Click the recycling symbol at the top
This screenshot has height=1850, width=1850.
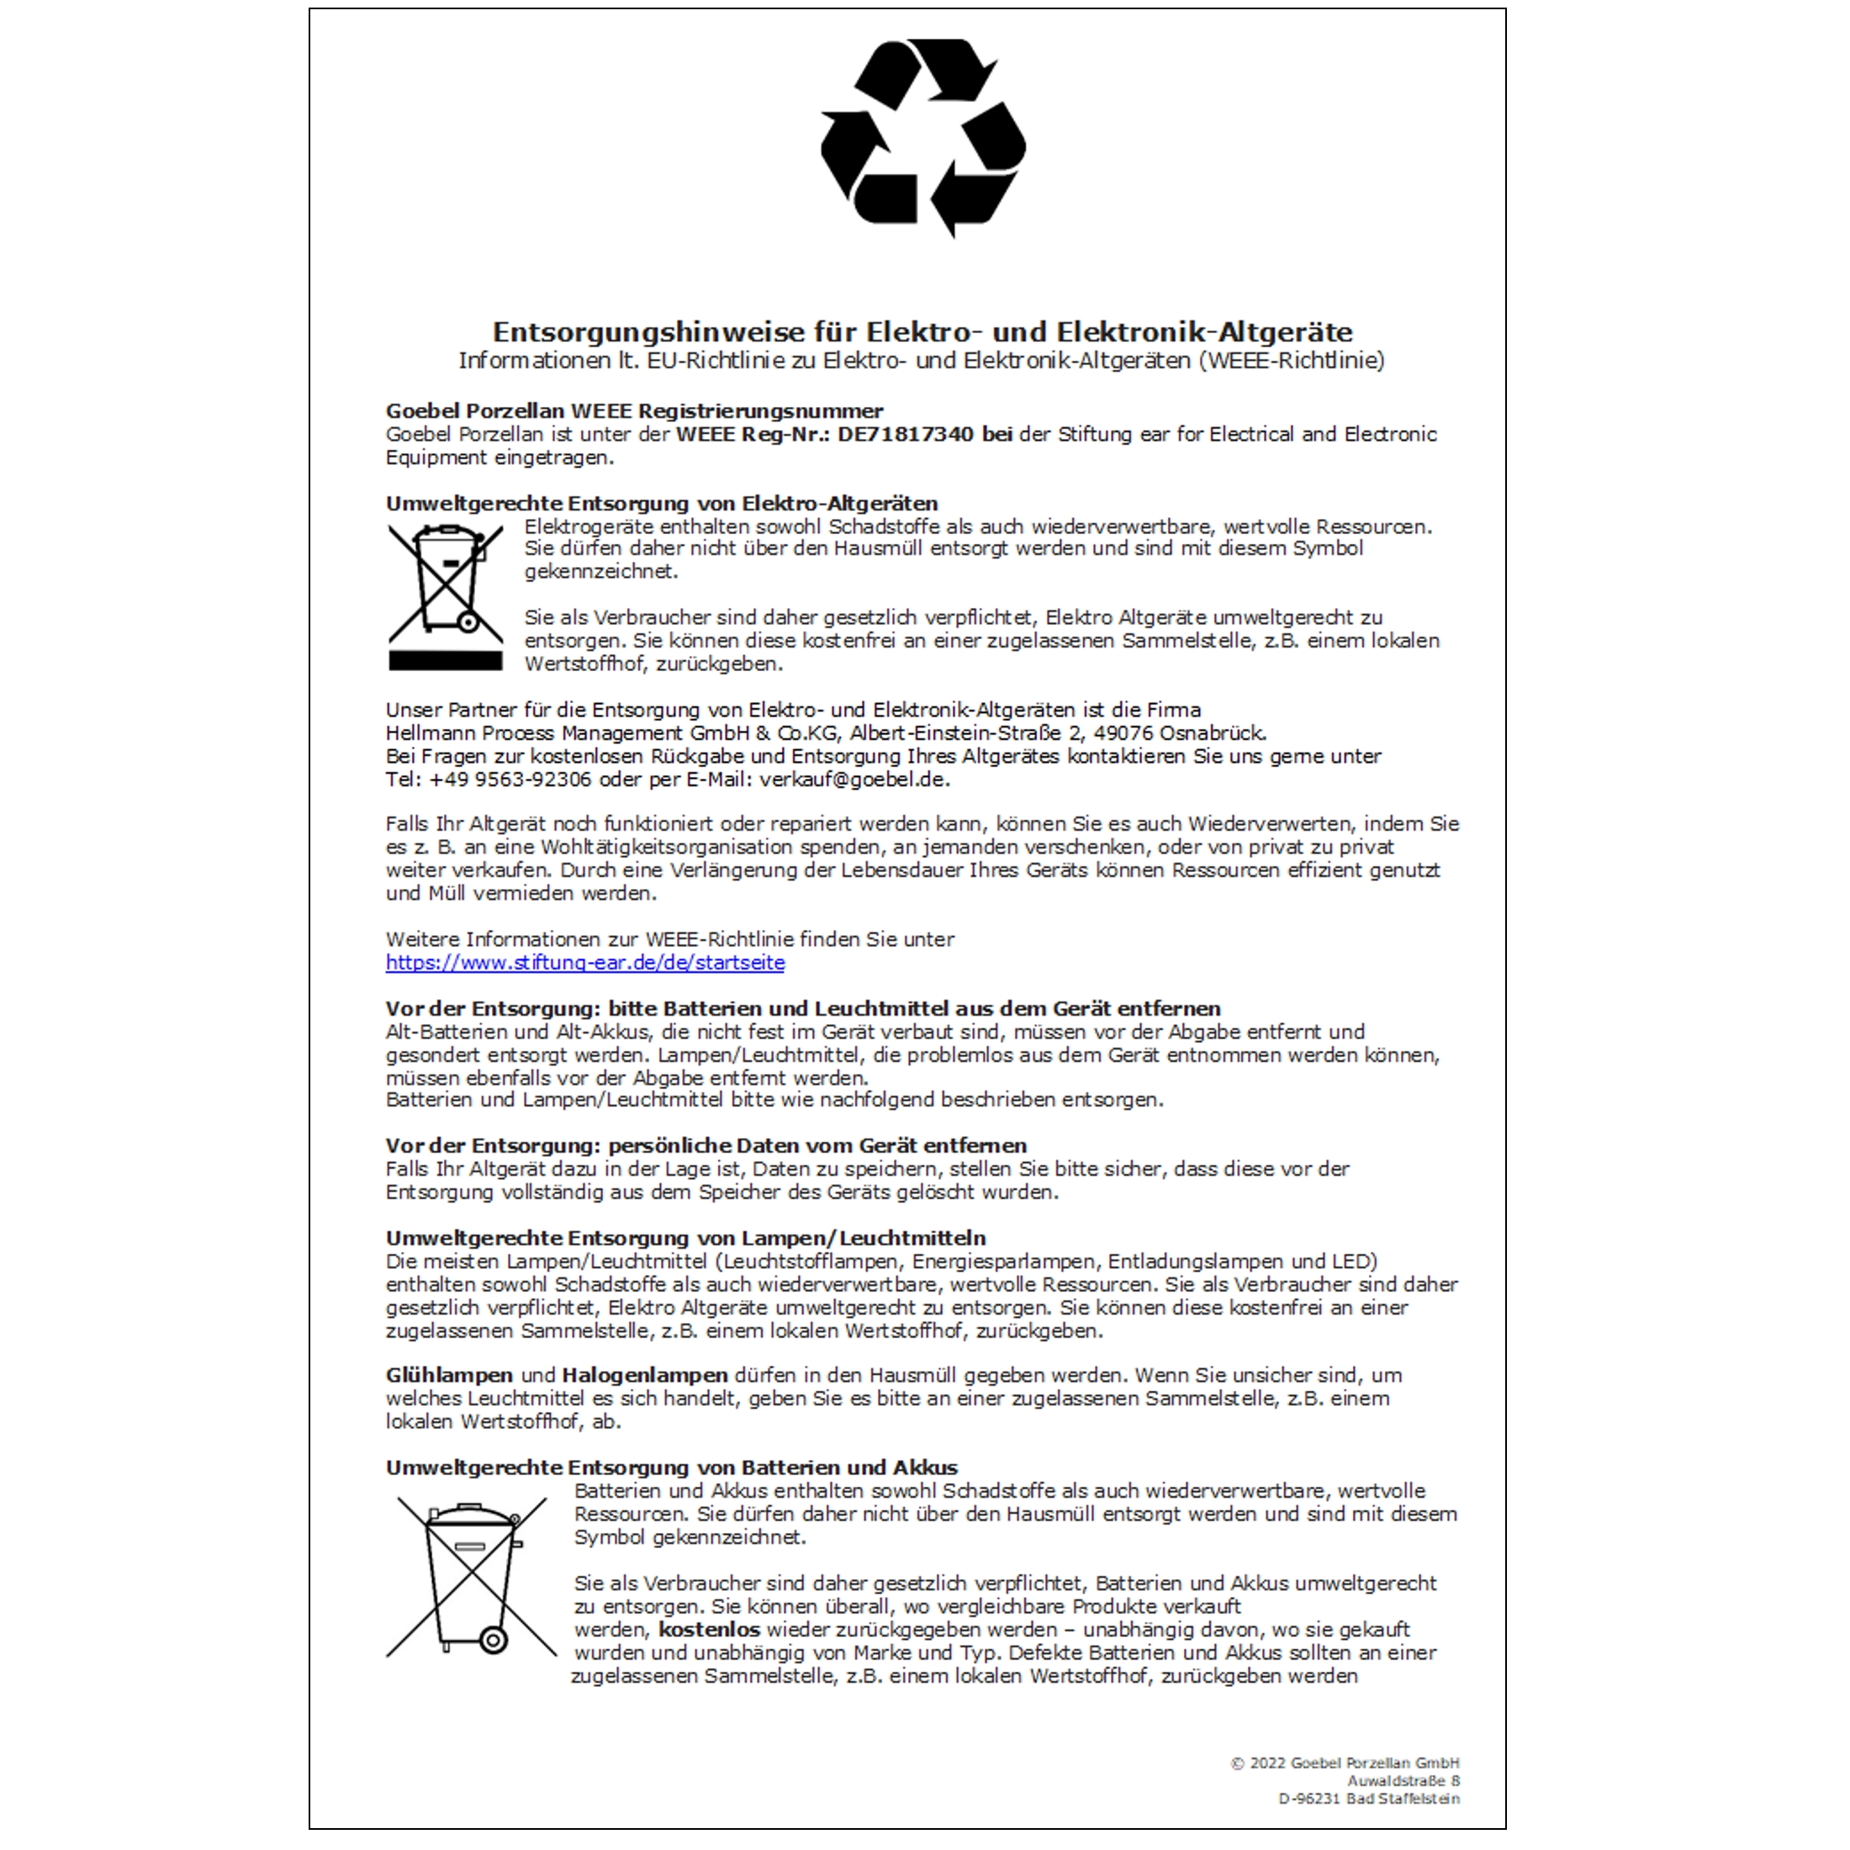(923, 139)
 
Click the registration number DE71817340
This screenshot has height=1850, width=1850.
(905, 435)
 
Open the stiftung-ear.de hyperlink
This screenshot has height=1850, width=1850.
(585, 964)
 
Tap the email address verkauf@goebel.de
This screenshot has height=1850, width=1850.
(854, 780)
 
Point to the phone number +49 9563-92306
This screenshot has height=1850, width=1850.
(510, 780)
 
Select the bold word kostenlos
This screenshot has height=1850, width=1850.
(709, 1630)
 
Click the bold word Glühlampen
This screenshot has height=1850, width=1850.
(449, 1376)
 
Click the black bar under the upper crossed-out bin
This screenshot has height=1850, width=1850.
(446, 661)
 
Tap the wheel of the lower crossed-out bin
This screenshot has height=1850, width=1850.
(493, 1641)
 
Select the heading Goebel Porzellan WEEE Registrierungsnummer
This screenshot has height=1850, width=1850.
(634, 412)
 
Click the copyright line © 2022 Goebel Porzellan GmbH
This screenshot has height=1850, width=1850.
(1345, 1763)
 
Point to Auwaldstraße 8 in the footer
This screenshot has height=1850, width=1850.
(1403, 1781)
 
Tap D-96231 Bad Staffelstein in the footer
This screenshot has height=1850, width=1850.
(1368, 1800)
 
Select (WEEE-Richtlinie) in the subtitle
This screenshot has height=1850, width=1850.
(1290, 361)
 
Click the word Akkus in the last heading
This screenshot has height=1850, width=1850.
(925, 1468)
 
